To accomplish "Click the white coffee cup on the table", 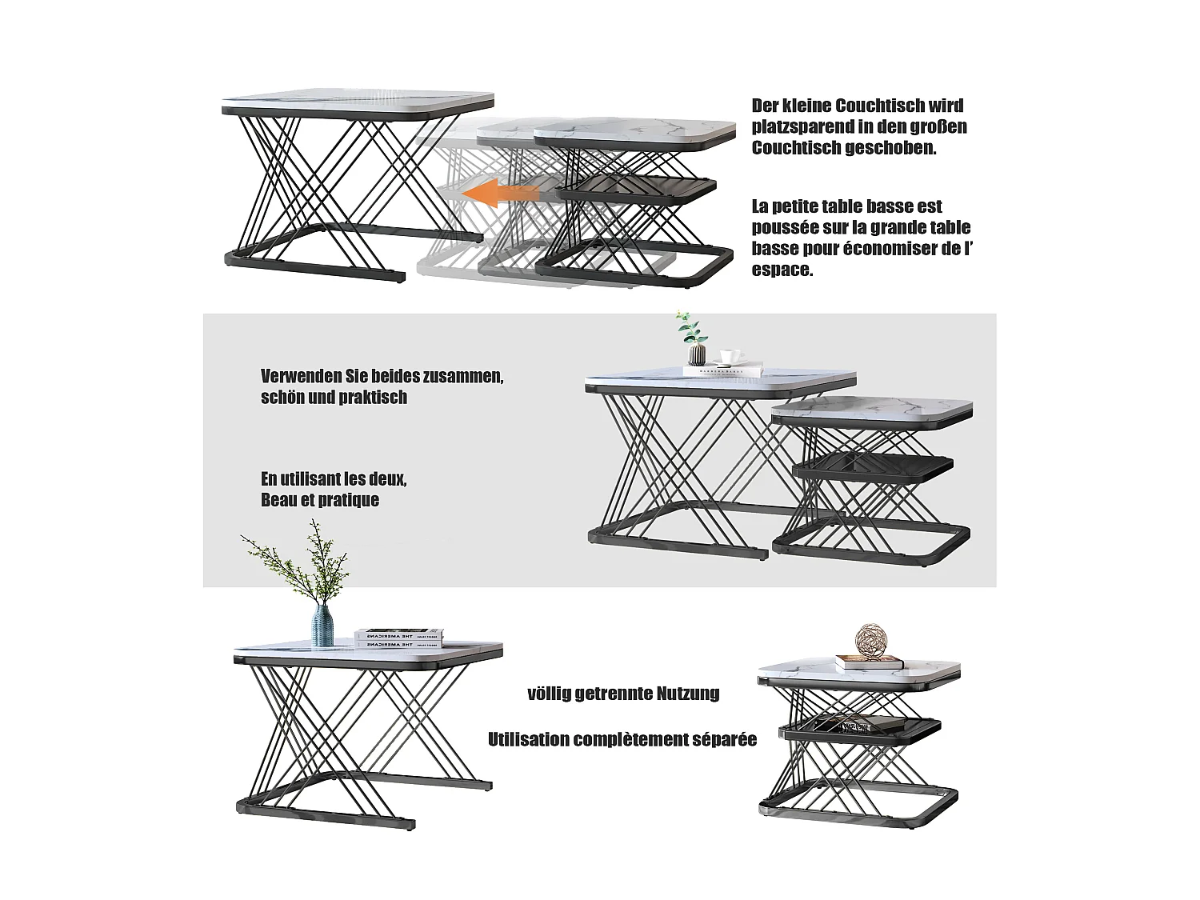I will coord(727,357).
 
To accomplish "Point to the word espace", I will coord(782,270).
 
